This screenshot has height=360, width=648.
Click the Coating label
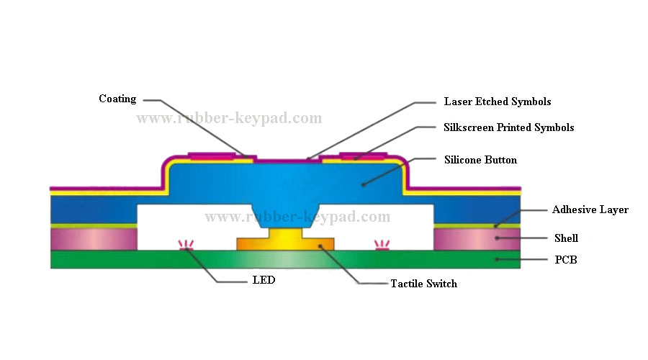117,99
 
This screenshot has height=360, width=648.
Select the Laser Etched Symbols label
497,102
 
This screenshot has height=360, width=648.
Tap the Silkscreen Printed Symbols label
508,127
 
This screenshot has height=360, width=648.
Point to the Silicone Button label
480,160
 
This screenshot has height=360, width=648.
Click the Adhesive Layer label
590,210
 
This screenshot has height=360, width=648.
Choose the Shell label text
566,238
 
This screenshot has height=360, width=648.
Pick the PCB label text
565,260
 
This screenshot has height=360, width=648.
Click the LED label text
263,280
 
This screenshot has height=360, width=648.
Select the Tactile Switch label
423,284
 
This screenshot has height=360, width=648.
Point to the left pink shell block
93,238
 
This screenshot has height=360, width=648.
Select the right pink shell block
477,238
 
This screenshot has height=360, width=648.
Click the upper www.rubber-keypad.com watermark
229,118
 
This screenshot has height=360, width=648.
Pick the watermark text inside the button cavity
297,217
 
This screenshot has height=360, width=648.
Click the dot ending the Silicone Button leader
364,184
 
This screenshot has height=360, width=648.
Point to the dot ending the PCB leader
497,258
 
